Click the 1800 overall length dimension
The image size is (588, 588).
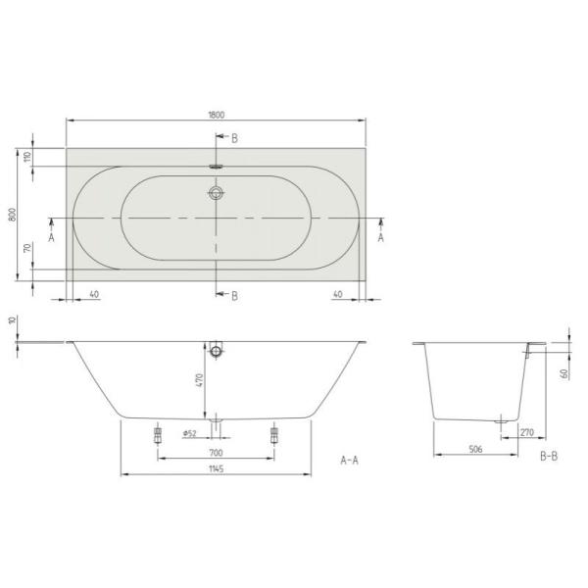pyautogui.click(x=216, y=114)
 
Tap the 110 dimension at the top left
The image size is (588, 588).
pyautogui.click(x=27, y=157)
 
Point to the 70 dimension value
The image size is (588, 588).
pyautogui.click(x=27, y=251)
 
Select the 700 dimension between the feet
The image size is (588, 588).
pyautogui.click(x=216, y=453)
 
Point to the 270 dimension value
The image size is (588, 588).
pyautogui.click(x=526, y=431)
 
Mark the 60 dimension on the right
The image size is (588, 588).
pyautogui.click(x=565, y=373)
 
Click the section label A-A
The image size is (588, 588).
pyautogui.click(x=350, y=460)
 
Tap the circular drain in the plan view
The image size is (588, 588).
pyautogui.click(x=216, y=194)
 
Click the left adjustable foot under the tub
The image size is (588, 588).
pyautogui.click(x=157, y=435)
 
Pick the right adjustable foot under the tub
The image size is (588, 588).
pyautogui.click(x=274, y=435)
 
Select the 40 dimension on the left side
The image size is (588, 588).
pyautogui.click(x=94, y=293)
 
